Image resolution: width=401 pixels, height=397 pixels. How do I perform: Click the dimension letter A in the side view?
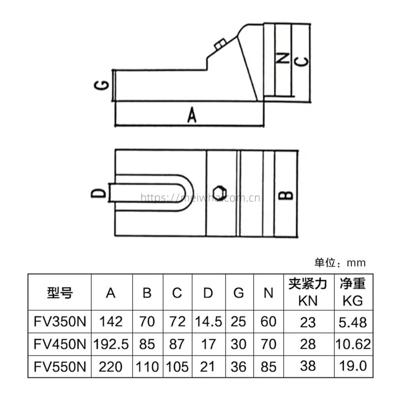[x=191, y=116]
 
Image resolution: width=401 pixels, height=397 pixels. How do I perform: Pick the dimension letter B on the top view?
[x=288, y=194]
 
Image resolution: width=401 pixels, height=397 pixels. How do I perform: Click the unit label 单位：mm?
[x=340, y=262]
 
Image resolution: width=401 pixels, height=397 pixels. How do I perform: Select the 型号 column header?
[x=60, y=292]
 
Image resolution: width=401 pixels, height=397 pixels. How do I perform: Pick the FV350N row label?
[x=60, y=322]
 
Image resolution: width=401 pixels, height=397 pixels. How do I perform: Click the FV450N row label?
[x=60, y=344]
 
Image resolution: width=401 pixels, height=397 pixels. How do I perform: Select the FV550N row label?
[x=60, y=367]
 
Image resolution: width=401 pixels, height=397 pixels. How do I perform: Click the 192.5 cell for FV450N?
[x=111, y=344]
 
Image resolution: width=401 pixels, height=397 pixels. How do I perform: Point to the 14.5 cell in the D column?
[x=208, y=322]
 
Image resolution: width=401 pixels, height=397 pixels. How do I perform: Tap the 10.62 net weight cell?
[x=352, y=344]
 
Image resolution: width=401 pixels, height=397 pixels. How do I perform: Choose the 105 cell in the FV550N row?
[x=177, y=367]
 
